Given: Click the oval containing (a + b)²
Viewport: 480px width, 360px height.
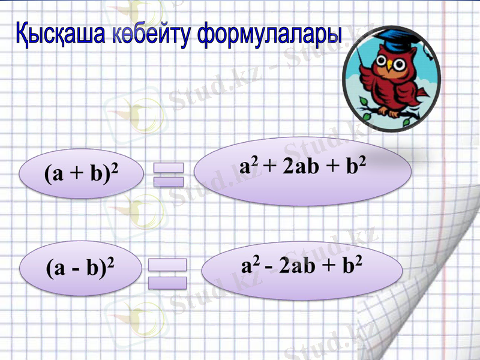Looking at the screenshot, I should pyautogui.click(x=82, y=174).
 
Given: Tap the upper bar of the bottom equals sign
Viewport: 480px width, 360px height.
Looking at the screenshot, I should pyautogui.click(x=167, y=264).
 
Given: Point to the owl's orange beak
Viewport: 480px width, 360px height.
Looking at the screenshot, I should pyautogui.click(x=389, y=64).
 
